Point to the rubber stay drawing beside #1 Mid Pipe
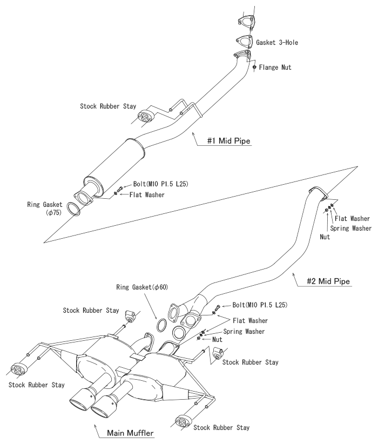pyautogui.click(x=145, y=117)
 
